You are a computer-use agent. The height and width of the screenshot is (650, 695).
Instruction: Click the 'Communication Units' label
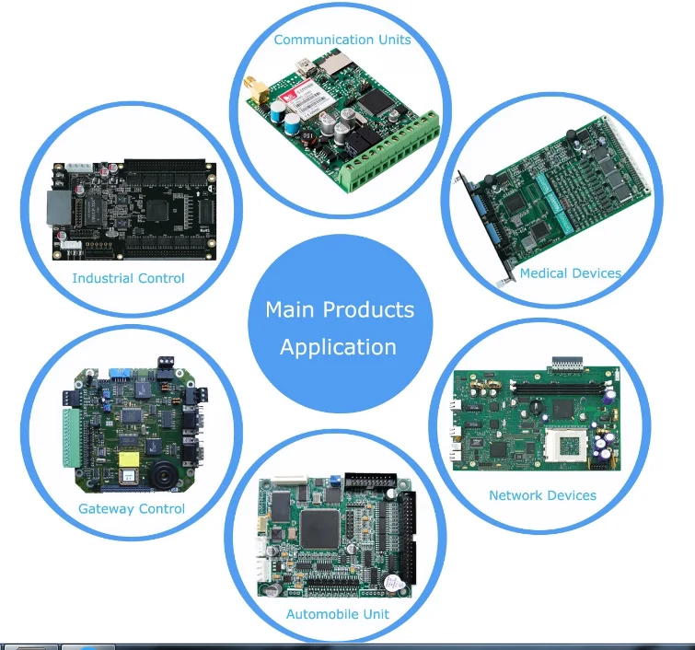tap(342, 40)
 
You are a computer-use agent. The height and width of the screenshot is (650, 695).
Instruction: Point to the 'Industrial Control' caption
tap(128, 278)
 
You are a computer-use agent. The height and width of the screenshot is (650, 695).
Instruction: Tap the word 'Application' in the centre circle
tap(338, 347)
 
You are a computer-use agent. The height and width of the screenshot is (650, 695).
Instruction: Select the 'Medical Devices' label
tap(570, 273)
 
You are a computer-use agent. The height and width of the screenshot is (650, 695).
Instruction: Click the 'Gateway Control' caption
tap(132, 508)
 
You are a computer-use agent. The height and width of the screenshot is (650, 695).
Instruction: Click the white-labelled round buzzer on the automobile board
tap(393, 584)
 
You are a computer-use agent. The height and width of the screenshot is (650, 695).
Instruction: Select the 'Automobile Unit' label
tap(337, 614)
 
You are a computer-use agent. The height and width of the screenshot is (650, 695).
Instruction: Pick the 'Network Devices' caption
tap(542, 495)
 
